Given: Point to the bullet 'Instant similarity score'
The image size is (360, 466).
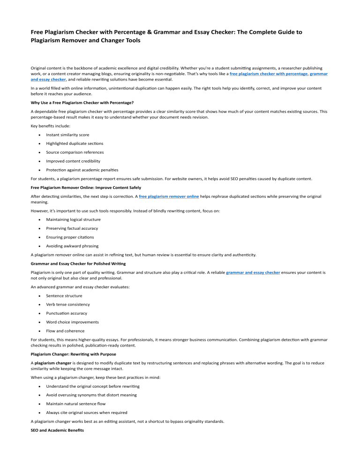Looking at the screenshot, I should point(67,135).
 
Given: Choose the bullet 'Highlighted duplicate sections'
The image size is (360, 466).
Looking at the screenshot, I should point(75,143).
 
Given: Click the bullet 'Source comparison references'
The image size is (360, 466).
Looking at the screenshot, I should point(75,152).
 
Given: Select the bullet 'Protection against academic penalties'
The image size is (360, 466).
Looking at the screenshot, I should point(82,169).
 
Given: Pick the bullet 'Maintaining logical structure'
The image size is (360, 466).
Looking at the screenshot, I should point(73,219).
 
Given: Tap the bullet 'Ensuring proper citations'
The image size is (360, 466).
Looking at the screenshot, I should point(70,237).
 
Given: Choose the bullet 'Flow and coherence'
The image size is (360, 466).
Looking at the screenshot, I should point(65,331).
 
